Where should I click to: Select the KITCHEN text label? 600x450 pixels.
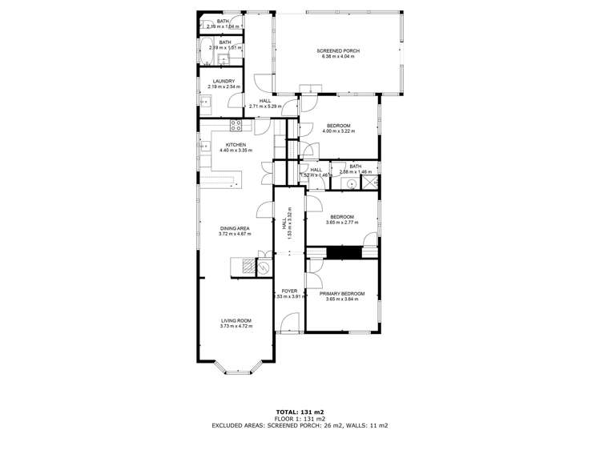point(235,145)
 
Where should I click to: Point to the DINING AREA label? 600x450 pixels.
point(236,229)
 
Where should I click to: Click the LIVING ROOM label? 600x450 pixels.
point(236,321)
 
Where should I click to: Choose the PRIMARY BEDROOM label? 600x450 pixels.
point(342,294)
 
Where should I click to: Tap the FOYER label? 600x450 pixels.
point(288,291)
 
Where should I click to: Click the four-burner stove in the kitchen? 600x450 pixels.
point(236,124)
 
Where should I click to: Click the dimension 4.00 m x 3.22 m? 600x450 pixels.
point(339,131)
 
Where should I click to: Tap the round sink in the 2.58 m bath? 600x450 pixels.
point(352,183)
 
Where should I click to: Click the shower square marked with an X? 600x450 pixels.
point(369,183)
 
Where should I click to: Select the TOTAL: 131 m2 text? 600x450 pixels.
point(300,412)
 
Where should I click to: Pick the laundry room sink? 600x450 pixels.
point(206,102)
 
